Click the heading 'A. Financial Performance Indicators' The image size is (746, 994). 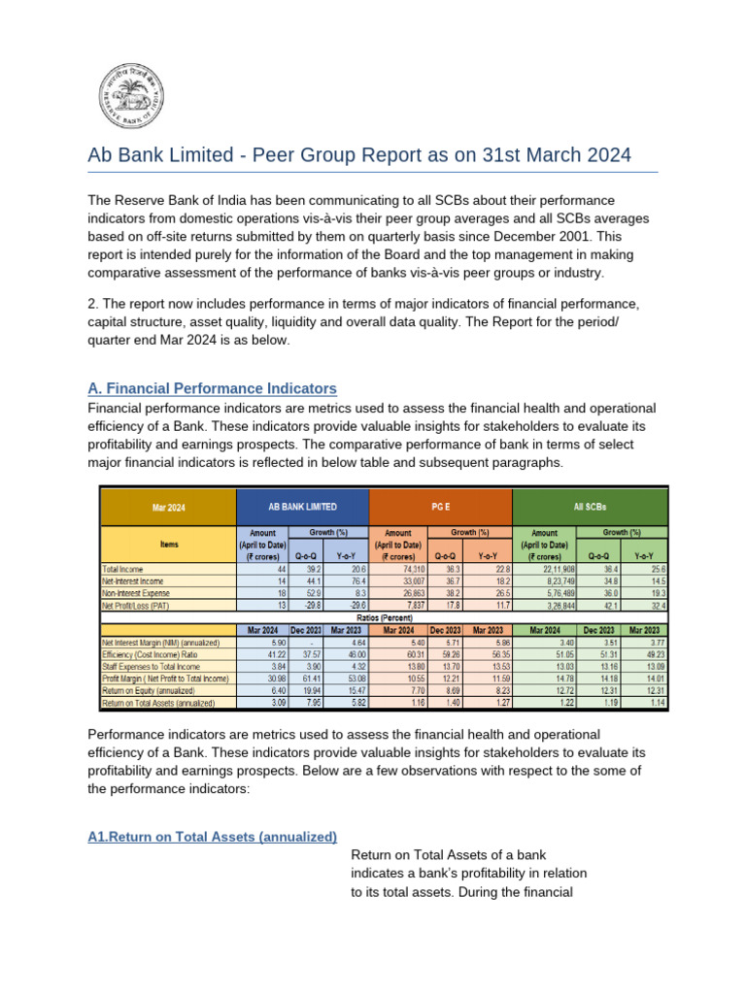[x=213, y=388]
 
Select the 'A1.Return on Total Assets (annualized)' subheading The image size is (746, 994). [x=213, y=836]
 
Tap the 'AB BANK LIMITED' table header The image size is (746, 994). [x=302, y=506]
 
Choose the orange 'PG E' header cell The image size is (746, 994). [x=440, y=506]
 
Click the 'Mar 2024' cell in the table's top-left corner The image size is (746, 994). [x=167, y=506]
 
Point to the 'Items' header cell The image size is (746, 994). [x=167, y=545]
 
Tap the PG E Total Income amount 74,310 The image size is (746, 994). [x=401, y=569]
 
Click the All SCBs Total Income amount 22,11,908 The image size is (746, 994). [x=547, y=569]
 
